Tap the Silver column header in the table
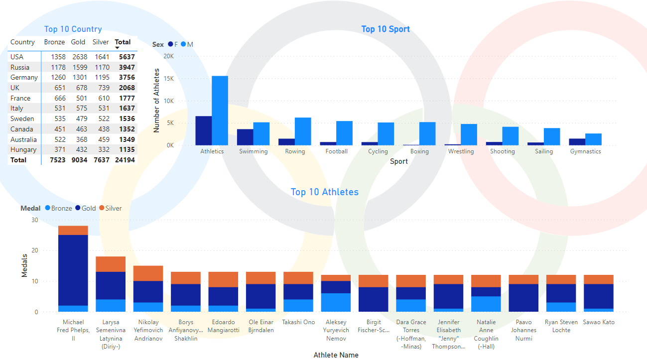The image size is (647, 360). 101,42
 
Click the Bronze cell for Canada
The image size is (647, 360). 58,129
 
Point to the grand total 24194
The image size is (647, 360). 125,160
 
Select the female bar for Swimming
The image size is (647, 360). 245,137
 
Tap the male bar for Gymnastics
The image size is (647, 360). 593,139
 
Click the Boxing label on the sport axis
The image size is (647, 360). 419,151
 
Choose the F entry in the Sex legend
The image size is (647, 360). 173,44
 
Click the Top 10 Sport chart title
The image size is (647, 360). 386,29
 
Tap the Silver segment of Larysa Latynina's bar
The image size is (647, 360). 111,264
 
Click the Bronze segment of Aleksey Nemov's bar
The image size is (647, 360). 336,302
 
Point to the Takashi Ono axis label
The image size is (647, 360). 299,322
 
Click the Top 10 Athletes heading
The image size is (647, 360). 324,192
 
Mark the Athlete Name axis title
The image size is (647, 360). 336,355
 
